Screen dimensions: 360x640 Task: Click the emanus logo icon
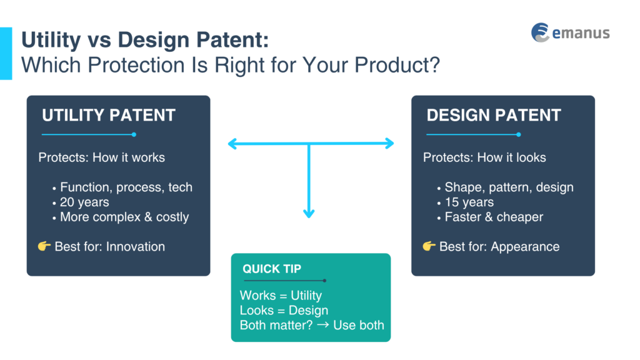540,32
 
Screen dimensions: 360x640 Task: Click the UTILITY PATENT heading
109,115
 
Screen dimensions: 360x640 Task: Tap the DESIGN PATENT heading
494,115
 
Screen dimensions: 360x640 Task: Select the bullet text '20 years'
84,202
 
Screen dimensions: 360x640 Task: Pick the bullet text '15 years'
469,202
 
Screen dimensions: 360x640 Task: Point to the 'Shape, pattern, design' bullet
509,187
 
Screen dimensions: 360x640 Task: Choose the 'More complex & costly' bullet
124,217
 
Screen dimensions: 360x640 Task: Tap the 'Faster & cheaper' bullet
494,217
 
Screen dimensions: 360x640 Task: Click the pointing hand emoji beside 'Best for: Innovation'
44,246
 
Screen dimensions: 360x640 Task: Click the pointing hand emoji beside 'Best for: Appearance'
429,246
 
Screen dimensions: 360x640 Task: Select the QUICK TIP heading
272,269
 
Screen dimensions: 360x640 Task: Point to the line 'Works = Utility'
281,296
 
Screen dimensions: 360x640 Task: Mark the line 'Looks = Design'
284,311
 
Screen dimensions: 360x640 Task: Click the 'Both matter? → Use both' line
312,325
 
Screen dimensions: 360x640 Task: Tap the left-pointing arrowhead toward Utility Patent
232,144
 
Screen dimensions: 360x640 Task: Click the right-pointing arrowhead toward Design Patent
389,144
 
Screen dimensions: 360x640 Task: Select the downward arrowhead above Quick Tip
309,213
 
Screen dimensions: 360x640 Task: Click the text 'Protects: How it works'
102,157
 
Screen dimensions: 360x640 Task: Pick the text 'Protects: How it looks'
484,157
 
